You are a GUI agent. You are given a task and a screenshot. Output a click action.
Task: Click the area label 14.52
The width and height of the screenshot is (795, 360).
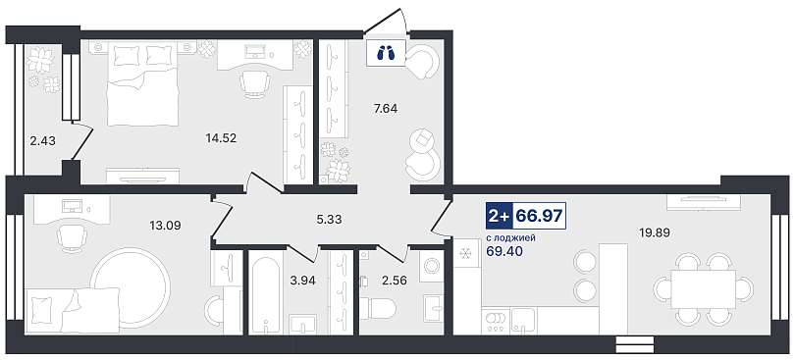coord(221,137)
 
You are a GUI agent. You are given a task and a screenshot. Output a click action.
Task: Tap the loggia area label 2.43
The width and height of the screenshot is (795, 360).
coord(42,141)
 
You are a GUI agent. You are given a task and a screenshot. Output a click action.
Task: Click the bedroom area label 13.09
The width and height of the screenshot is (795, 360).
coord(165,224)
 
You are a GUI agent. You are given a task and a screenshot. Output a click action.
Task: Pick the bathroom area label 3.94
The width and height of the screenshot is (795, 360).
coord(301,280)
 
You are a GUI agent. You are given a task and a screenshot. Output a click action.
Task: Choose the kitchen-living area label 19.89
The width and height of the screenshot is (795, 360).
coord(654,232)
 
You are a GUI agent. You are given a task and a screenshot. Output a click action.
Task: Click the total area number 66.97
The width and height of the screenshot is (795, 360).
coord(539,216)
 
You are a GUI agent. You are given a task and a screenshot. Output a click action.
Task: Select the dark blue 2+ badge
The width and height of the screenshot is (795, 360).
coord(499,216)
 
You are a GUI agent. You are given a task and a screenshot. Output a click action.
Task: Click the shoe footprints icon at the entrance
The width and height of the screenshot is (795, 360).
coord(387,52)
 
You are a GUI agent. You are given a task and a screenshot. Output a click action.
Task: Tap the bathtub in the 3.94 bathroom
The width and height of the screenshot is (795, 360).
coord(266,291)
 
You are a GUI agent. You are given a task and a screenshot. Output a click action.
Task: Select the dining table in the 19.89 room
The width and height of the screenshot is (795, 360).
coord(703,288)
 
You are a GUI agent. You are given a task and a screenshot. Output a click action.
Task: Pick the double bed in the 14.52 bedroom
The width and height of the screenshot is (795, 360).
coord(142,90)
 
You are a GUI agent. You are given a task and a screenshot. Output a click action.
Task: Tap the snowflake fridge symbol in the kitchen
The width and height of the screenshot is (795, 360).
coord(466,254)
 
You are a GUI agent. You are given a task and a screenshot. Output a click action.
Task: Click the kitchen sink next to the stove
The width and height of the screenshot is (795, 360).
coord(523,320)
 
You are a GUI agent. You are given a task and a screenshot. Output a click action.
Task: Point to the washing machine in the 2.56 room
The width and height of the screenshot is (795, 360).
coord(432,266)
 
